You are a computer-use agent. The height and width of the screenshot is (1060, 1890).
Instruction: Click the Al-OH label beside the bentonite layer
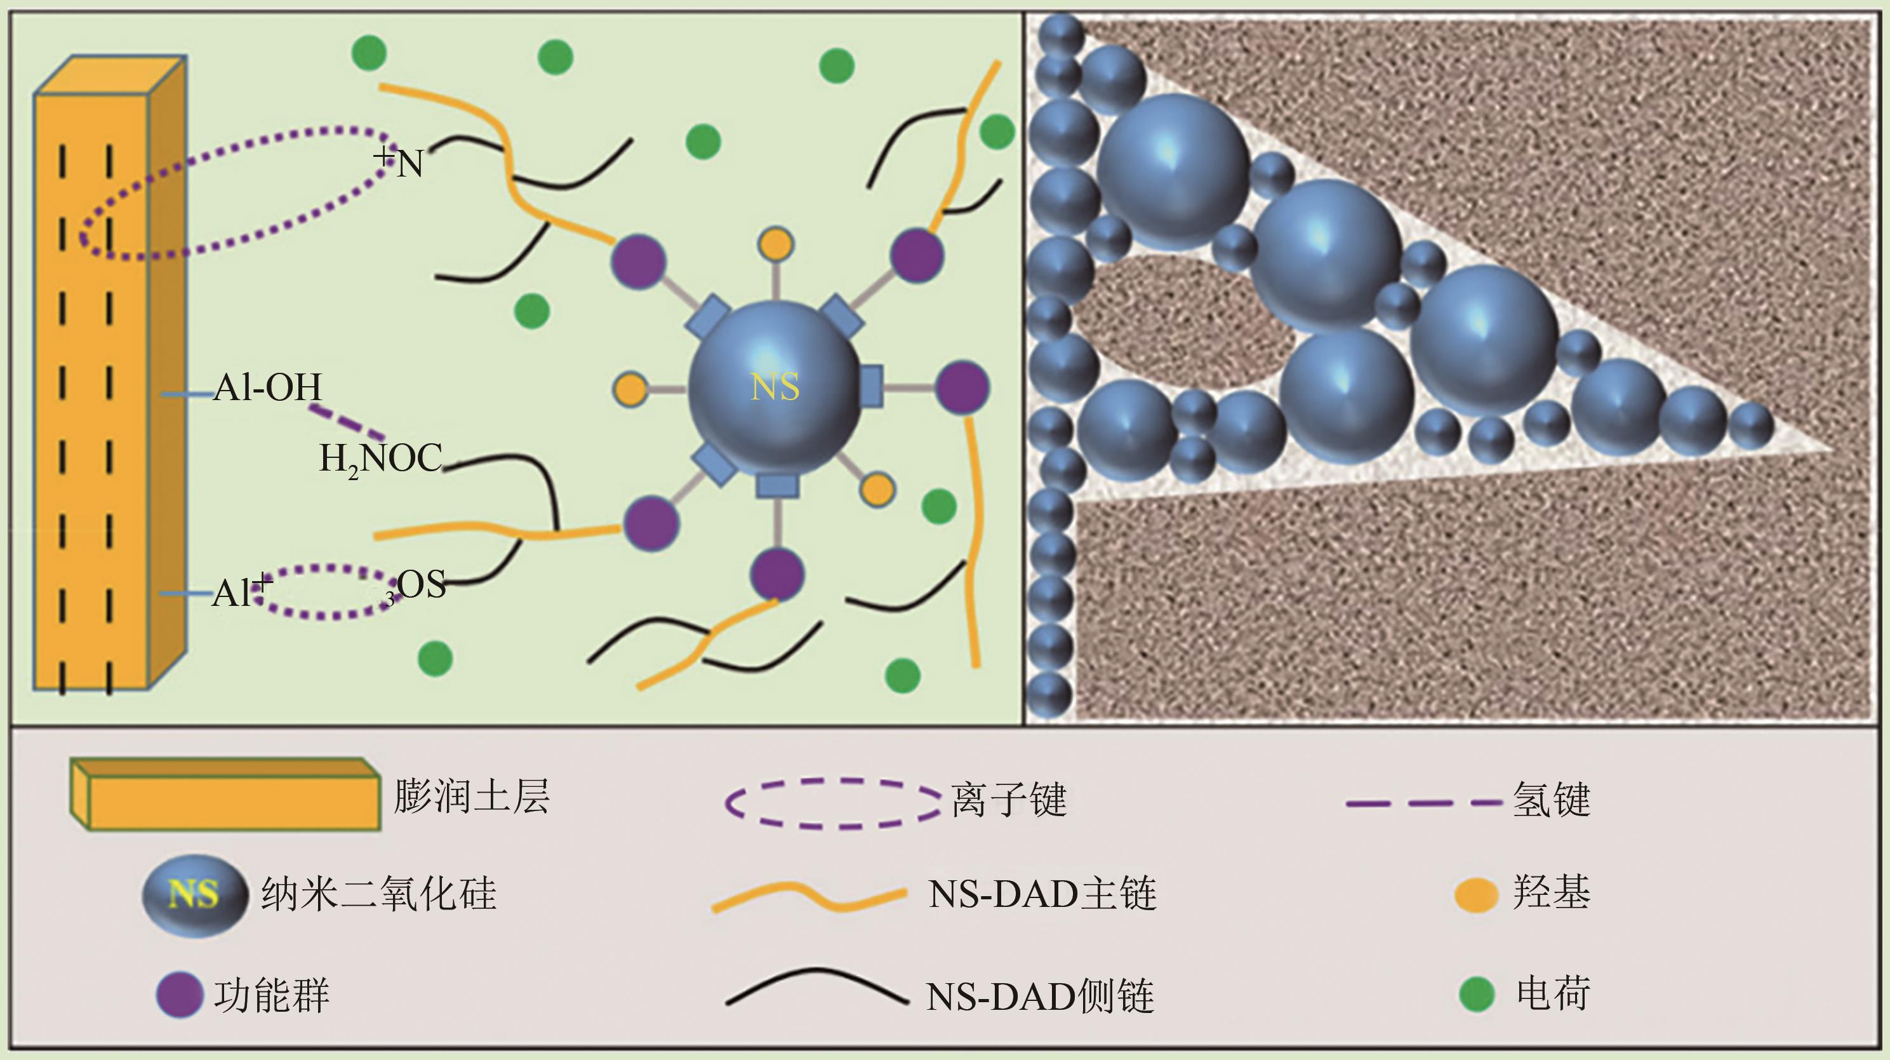click(267, 387)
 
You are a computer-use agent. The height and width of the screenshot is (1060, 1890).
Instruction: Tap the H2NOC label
click(380, 460)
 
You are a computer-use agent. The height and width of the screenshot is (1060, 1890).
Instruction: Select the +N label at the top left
click(399, 161)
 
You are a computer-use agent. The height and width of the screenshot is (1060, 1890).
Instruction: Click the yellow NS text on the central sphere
click(775, 386)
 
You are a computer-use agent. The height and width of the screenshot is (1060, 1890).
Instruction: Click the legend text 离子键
click(1009, 800)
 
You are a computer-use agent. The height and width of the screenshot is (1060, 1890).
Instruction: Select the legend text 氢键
click(1551, 800)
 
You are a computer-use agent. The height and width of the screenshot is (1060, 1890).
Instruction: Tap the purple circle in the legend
click(179, 996)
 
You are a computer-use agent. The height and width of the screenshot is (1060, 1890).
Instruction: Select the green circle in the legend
click(1476, 995)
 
